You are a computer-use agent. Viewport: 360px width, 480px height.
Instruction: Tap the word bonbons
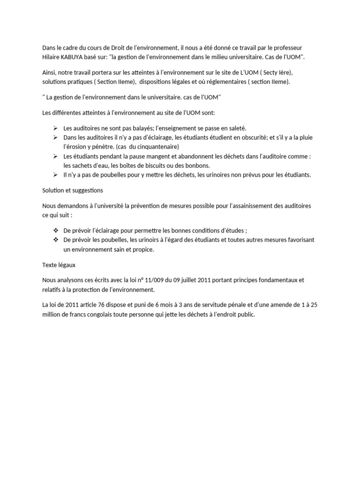196,165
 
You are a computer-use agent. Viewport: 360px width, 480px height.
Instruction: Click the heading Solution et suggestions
73,190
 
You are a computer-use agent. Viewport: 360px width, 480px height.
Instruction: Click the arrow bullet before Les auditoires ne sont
55,128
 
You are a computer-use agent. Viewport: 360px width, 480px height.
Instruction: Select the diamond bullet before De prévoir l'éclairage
55,231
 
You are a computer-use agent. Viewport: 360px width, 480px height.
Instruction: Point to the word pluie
304,138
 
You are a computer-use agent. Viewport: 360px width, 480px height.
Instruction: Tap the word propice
142,249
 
